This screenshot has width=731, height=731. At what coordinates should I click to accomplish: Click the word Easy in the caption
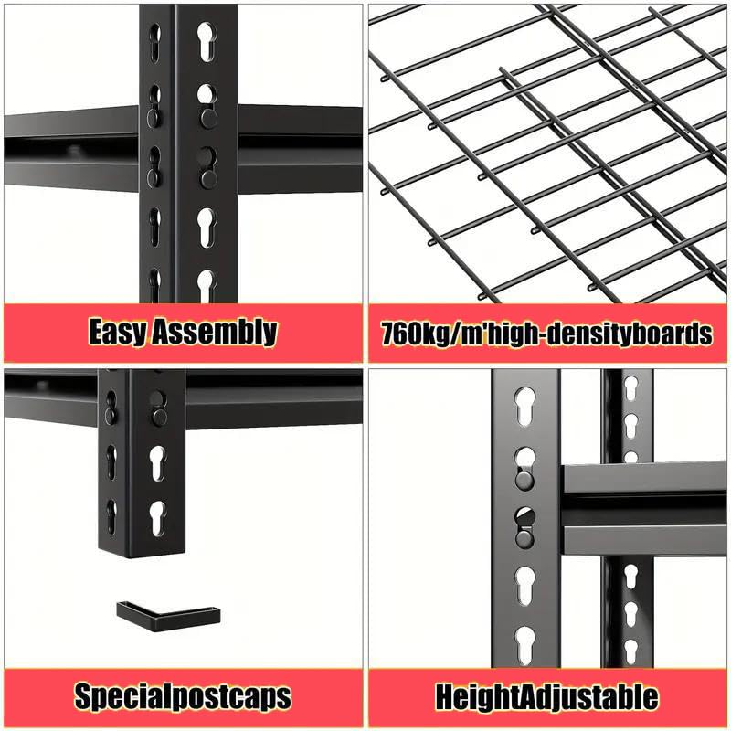[x=117, y=332]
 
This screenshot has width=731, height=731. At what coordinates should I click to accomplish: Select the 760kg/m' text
[x=437, y=333]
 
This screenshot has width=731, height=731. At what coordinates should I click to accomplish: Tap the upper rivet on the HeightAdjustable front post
[x=524, y=480]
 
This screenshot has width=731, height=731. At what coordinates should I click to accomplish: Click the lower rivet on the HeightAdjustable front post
[x=524, y=537]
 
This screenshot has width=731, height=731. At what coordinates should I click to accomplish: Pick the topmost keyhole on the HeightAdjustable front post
[x=525, y=403]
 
